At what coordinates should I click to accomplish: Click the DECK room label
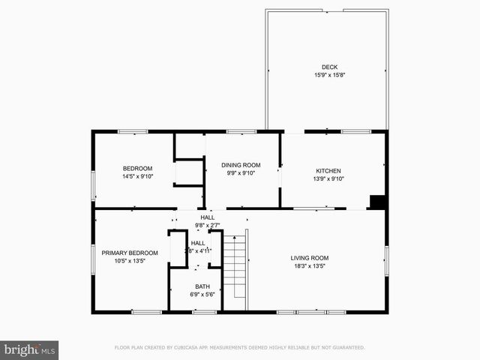tap(329, 67)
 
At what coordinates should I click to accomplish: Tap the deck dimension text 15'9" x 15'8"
tap(329, 75)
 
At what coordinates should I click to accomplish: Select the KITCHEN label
tap(328, 170)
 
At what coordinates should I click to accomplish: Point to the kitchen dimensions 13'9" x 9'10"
tap(328, 178)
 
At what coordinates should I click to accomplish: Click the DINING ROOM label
tap(240, 165)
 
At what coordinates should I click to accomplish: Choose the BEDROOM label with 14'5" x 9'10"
tap(138, 168)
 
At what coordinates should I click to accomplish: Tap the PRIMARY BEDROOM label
tap(130, 253)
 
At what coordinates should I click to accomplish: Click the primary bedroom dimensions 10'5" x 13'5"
tap(130, 262)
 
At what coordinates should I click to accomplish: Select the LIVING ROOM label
tap(310, 258)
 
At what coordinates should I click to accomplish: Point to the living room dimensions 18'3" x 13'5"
tap(310, 266)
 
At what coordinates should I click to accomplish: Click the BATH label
tap(202, 286)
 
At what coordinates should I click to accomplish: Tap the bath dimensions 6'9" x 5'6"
tap(202, 295)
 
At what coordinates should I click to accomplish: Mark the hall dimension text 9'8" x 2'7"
tap(207, 225)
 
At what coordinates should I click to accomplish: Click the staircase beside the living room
tap(235, 270)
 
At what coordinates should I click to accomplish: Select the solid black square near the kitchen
tap(378, 202)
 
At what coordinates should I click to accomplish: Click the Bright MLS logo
tap(29, 349)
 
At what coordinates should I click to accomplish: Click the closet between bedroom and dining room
tap(190, 172)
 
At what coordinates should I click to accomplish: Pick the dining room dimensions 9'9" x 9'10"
tap(240, 173)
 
